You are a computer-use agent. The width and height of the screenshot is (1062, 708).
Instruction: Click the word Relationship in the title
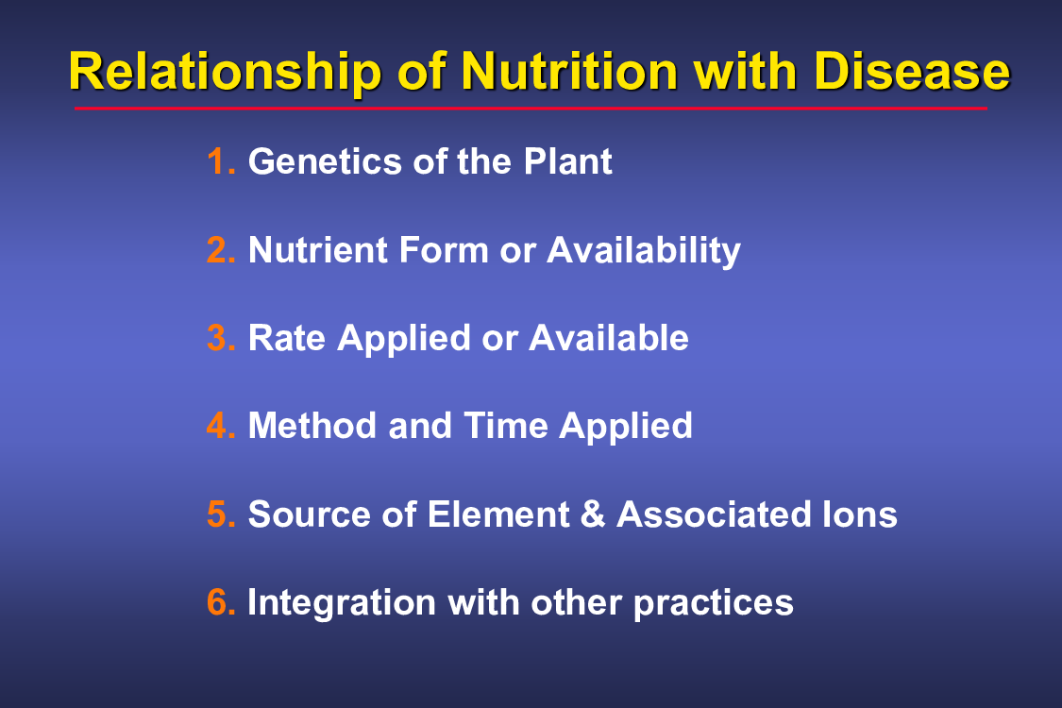click(x=226, y=73)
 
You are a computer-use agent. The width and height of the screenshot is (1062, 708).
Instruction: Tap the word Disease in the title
click(x=912, y=71)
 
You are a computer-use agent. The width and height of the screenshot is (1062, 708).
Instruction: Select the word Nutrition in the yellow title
click(x=569, y=71)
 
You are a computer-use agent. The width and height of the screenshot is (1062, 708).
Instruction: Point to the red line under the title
click(x=531, y=108)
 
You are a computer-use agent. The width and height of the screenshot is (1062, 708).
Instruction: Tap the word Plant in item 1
click(x=567, y=161)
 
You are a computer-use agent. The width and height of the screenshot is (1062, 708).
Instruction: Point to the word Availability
click(x=644, y=251)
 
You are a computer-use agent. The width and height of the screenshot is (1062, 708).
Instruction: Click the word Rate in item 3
click(x=286, y=338)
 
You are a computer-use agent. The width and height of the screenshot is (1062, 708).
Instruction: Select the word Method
click(x=312, y=426)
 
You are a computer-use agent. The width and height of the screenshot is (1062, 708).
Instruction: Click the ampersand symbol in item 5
click(x=593, y=514)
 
